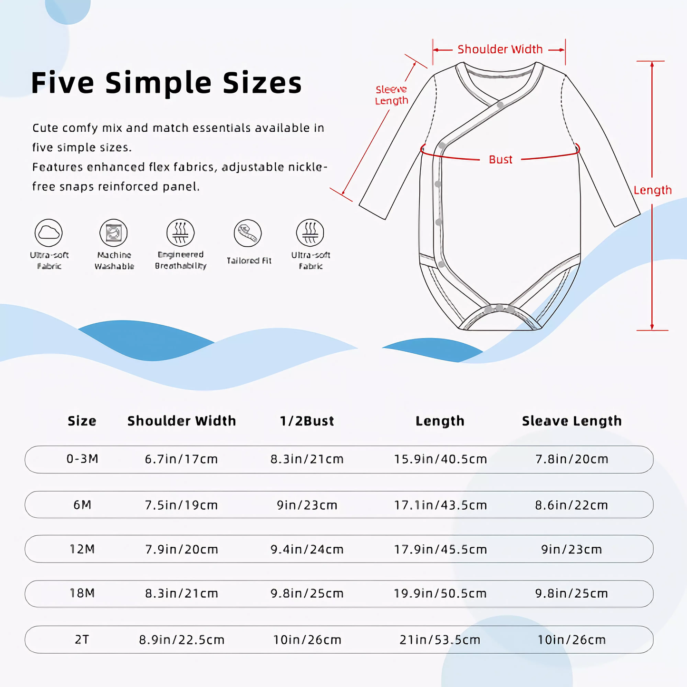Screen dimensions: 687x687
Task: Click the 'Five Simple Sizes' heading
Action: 166,83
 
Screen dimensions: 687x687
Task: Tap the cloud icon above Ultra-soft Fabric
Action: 48,233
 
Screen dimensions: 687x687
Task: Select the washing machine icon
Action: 114,233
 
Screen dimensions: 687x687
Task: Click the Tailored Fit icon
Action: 248,233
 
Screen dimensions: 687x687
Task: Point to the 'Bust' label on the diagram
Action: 501,160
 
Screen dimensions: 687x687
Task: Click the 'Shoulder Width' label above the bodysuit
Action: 500,49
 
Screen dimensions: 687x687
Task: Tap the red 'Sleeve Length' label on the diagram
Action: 391,95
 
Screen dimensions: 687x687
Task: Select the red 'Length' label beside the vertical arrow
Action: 652,190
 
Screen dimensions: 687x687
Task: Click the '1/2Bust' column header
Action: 307,421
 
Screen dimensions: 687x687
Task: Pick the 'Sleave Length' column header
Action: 571,421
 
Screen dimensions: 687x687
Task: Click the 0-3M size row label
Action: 82,459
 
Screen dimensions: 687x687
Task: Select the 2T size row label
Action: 82,639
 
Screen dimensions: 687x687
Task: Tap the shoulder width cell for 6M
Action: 181,505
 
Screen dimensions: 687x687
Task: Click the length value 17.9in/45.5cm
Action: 440,549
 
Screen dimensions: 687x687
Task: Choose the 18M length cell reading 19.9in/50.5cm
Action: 440,593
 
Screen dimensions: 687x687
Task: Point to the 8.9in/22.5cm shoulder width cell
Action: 181,639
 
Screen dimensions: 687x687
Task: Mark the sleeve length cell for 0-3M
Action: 571,459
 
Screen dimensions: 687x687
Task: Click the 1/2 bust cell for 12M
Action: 307,549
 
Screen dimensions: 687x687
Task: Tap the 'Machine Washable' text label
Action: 114,261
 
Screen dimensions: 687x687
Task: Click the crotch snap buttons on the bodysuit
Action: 499,309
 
